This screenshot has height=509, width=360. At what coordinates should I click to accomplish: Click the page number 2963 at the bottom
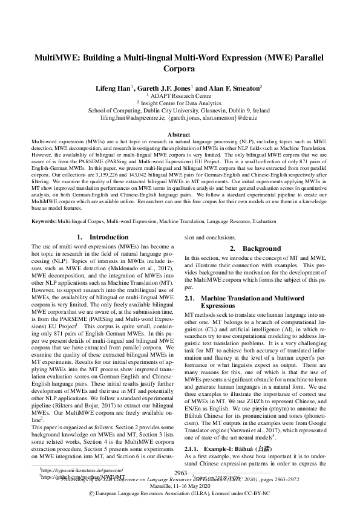coord(180,472)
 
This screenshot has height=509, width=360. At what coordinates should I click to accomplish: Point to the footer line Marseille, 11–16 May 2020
coord(180,485)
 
